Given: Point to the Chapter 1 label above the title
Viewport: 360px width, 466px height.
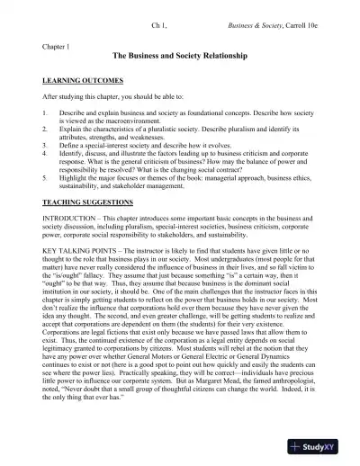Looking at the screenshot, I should pyautogui.click(x=57, y=44).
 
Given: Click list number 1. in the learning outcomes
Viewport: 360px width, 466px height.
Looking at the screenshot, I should pyautogui.click(x=45, y=113).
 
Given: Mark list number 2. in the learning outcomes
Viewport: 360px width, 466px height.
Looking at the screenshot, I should pyautogui.click(x=45, y=130).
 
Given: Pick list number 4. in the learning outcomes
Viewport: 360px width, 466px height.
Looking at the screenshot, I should pyautogui.click(x=45, y=154).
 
